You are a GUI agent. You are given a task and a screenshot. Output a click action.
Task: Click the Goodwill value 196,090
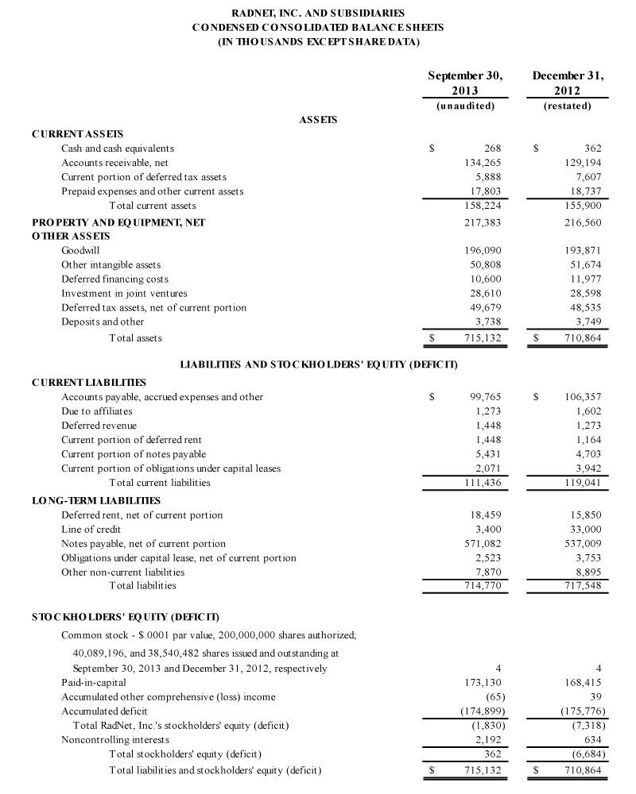tap(483, 250)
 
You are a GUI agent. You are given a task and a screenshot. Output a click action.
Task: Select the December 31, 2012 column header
tap(568, 83)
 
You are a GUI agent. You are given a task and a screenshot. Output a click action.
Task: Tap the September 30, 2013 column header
tap(465, 83)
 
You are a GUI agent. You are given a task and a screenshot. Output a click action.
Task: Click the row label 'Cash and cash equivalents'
tap(118, 148)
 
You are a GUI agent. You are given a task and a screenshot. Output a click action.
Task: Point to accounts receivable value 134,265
tap(483, 163)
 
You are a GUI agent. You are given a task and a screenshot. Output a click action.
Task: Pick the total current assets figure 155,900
tap(584, 206)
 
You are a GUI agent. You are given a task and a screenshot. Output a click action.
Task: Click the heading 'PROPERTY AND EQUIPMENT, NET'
tap(118, 222)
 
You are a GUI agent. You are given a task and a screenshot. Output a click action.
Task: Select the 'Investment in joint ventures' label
tap(124, 293)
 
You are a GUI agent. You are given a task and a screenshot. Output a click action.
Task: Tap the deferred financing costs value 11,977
tap(586, 279)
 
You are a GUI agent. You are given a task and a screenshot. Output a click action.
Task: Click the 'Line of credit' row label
tap(89, 530)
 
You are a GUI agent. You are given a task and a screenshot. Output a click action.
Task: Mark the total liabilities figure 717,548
tap(584, 587)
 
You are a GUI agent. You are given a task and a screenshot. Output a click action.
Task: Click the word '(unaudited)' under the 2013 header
tap(465, 106)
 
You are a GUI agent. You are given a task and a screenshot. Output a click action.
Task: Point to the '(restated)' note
tap(568, 106)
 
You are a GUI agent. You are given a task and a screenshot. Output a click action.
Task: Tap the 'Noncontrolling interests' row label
tap(115, 739)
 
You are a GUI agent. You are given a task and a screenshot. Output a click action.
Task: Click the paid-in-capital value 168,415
tap(584, 682)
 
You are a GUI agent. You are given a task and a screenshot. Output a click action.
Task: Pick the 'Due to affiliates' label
tap(97, 411)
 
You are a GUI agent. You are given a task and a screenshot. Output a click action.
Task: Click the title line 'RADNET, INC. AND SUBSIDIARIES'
tap(318, 13)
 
